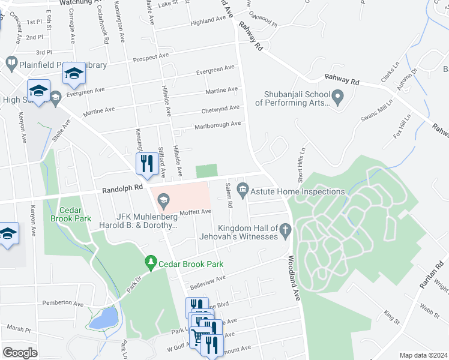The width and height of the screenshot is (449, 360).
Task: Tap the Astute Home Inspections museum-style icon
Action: (x=243, y=191)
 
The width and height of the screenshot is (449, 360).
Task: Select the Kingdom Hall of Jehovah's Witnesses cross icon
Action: (x=286, y=229)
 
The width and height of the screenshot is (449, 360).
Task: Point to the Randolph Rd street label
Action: (x=122, y=188)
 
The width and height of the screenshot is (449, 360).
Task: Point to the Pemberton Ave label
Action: (x=63, y=304)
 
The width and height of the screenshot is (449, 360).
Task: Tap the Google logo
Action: (x=20, y=353)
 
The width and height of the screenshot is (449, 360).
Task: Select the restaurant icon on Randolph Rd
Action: (x=146, y=163)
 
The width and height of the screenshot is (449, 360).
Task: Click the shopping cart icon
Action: (x=197, y=337)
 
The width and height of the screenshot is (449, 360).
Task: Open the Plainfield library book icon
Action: (x=11, y=62)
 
